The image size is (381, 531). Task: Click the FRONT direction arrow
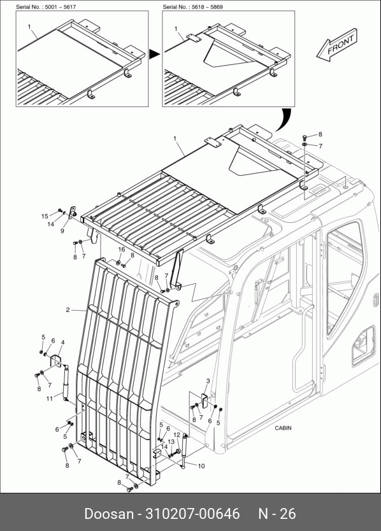click(x=336, y=45)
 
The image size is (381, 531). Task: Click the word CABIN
click(x=283, y=428)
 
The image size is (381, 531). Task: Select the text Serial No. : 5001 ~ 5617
click(x=46, y=7)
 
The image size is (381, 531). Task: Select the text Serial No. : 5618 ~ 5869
click(x=192, y=7)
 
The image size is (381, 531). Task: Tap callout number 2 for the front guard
click(x=68, y=309)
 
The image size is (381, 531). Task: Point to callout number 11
click(x=50, y=399)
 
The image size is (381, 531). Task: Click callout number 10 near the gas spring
click(x=201, y=466)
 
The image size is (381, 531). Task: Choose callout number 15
click(x=45, y=216)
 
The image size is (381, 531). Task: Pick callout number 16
click(x=121, y=249)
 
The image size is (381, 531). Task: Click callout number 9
click(x=62, y=231)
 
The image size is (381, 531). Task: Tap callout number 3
click(x=208, y=381)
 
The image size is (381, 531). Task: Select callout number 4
click(x=62, y=343)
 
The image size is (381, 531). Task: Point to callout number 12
click(x=176, y=435)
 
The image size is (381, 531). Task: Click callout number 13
click(x=171, y=442)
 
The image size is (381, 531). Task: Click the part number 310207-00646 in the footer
click(x=192, y=514)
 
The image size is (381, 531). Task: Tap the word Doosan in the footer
click(x=109, y=514)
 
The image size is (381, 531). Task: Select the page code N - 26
click(x=277, y=514)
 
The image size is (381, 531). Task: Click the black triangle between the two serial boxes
click(x=154, y=54)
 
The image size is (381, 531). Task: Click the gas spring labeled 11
click(x=65, y=382)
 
